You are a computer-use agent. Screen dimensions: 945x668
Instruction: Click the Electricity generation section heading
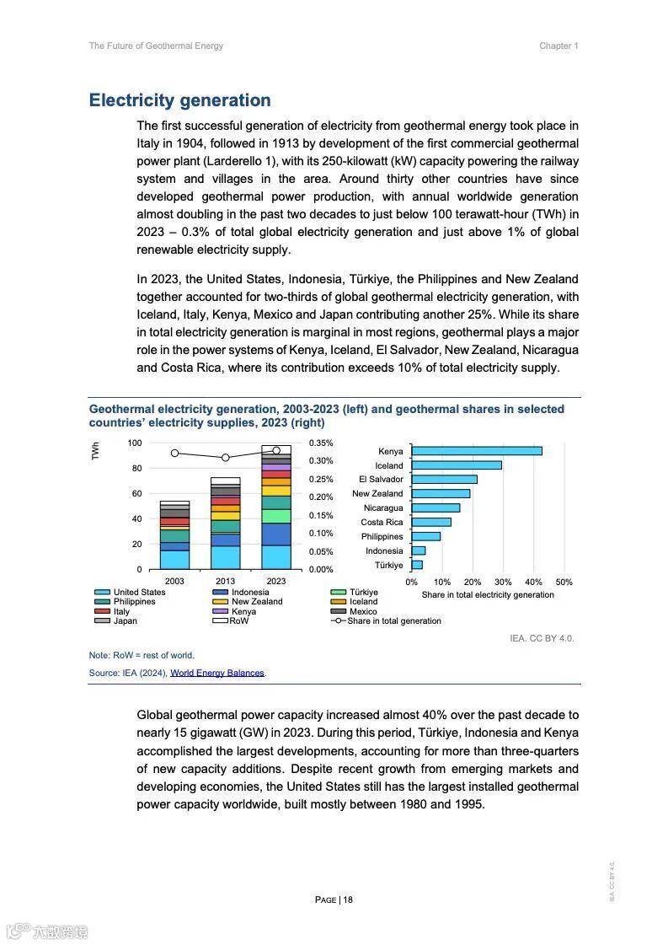pyautogui.click(x=179, y=100)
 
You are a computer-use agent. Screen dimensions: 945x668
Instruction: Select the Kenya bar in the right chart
pyautogui.click(x=476, y=451)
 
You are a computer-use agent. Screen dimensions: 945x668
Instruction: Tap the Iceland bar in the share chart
pyautogui.click(x=456, y=465)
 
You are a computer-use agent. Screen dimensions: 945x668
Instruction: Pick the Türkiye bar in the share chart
pyautogui.click(x=417, y=565)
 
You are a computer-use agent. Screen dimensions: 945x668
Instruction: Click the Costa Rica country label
pyautogui.click(x=382, y=523)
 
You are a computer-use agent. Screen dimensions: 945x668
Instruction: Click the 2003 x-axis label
pyautogui.click(x=174, y=581)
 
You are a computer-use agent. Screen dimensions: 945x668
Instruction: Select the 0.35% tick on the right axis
pyautogui.click(x=321, y=443)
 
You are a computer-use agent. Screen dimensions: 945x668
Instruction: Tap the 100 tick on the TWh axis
pyautogui.click(x=135, y=443)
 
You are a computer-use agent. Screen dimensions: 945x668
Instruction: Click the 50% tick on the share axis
pyautogui.click(x=564, y=582)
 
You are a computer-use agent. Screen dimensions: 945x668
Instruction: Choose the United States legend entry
pyautogui.click(x=139, y=593)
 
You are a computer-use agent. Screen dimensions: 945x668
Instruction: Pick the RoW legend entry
pyautogui.click(x=238, y=621)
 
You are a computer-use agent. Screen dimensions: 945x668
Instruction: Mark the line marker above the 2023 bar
pyautogui.click(x=276, y=451)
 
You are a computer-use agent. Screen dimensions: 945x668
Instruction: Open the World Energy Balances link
pyautogui.click(x=217, y=673)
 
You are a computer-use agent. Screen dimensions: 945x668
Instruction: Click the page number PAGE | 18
pyautogui.click(x=334, y=899)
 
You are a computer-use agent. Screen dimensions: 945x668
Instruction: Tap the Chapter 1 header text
pyautogui.click(x=558, y=46)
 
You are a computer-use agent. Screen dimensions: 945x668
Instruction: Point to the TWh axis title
pyautogui.click(x=96, y=451)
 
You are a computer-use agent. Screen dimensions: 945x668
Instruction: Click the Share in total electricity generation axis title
pyautogui.click(x=488, y=595)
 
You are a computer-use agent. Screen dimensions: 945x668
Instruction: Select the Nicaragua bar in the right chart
pyautogui.click(x=435, y=507)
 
